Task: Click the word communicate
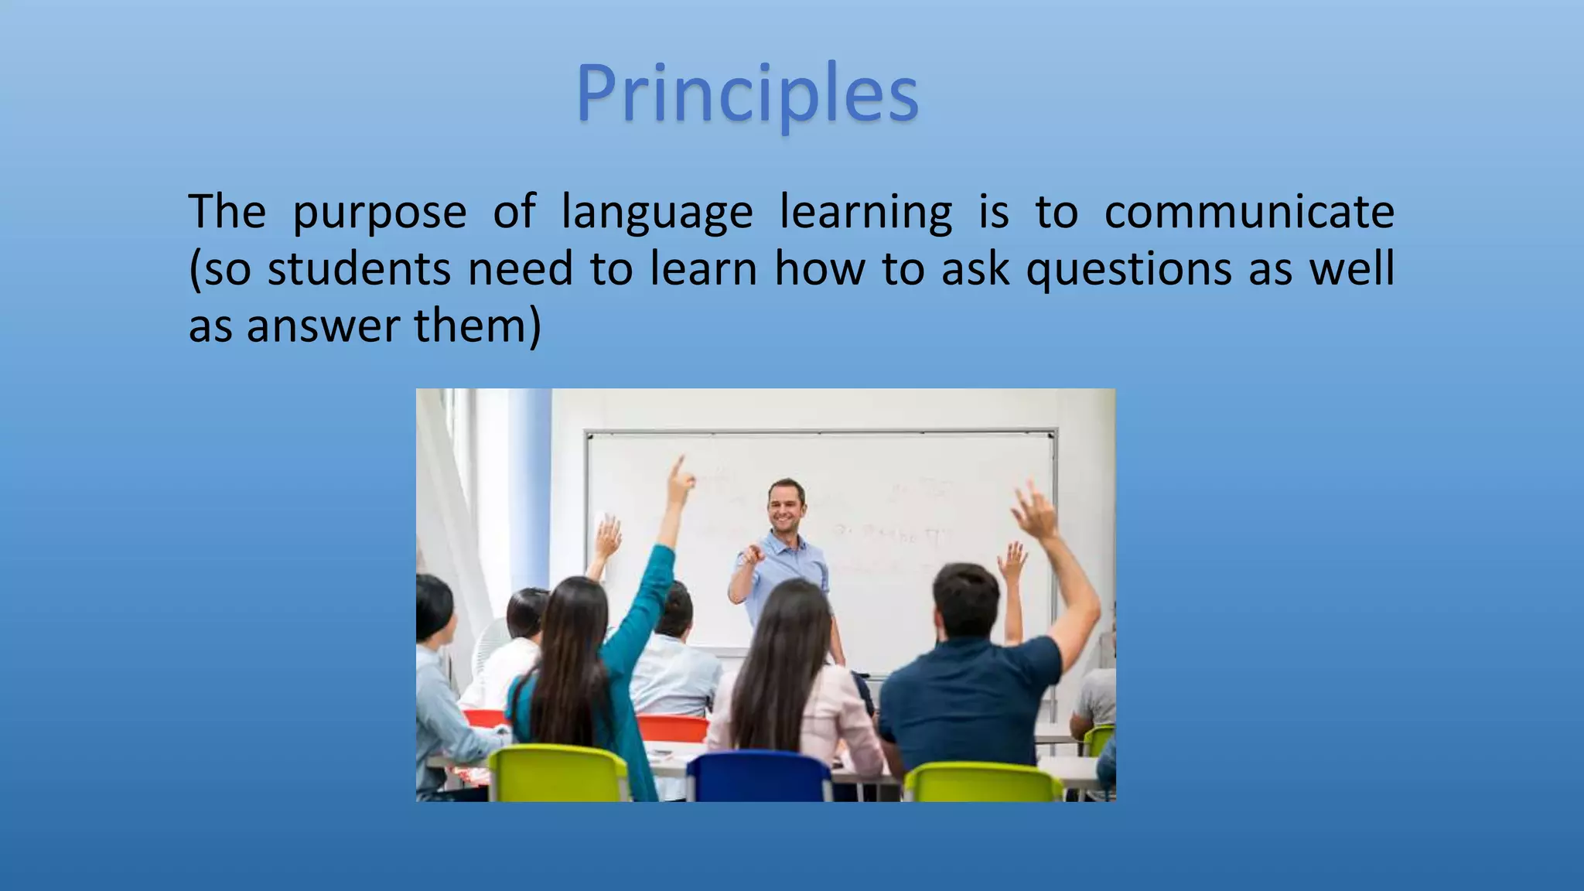[x=1248, y=211]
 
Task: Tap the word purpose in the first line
[x=380, y=211]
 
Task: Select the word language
[x=657, y=211]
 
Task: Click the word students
[x=359, y=268]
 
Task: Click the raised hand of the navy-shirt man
[x=1035, y=510]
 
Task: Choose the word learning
[x=866, y=211]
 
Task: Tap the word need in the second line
[x=520, y=268]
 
